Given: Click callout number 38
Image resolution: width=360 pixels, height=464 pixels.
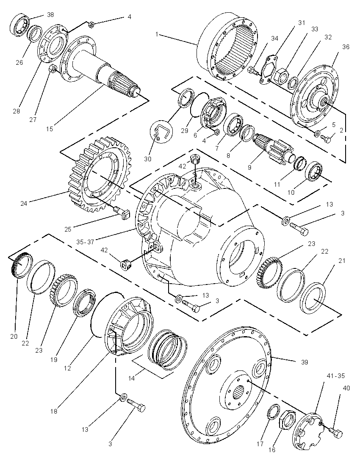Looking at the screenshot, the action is click(51, 14).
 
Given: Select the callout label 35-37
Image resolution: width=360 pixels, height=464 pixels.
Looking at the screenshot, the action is click(85, 242).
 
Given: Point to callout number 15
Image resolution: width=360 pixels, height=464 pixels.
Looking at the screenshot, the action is click(50, 129).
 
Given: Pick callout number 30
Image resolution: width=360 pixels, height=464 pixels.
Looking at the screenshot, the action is click(147, 159).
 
